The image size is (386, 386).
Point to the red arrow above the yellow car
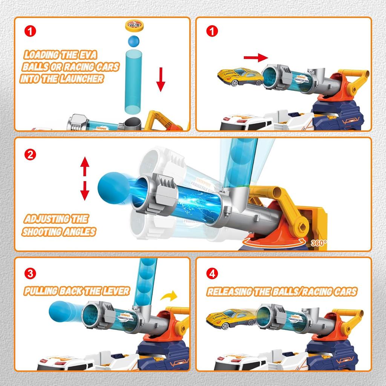point(255,58)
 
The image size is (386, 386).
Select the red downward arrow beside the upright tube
point(161,79)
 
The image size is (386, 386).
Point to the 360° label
point(319,243)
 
